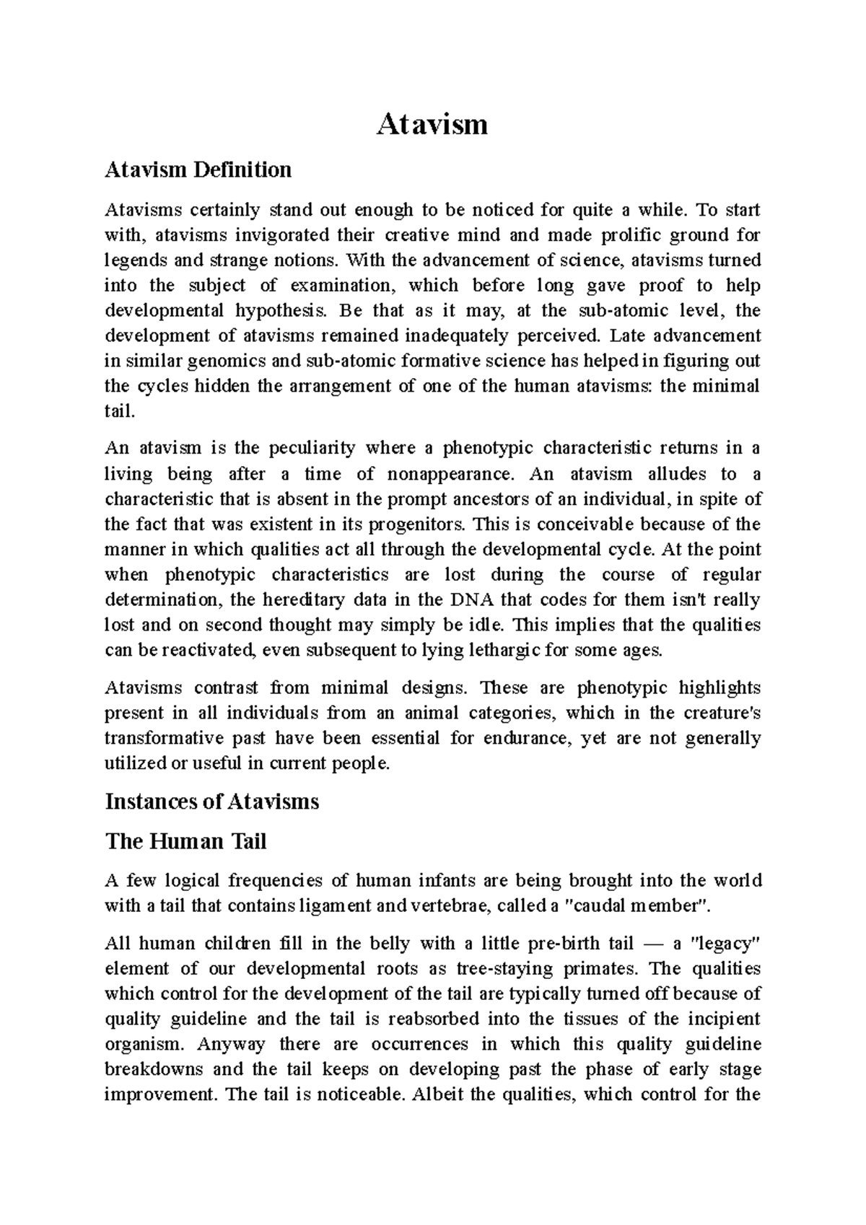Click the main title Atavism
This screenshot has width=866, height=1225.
click(x=432, y=125)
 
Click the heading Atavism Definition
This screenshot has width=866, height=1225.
click(x=198, y=170)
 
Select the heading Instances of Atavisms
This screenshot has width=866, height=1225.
click(x=212, y=802)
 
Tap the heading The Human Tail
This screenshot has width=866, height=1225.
click(x=186, y=841)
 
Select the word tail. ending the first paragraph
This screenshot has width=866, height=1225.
click(x=119, y=411)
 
